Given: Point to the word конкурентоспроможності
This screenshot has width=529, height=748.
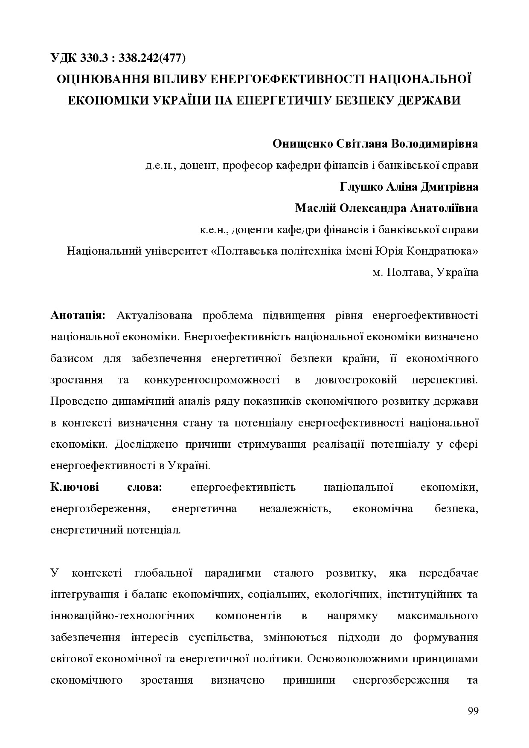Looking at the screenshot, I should pyautogui.click(x=212, y=380).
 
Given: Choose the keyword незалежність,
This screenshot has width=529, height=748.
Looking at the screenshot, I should pyautogui.click(x=295, y=509).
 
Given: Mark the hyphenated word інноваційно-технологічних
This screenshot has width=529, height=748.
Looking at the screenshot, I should pyautogui.click(x=122, y=616).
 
